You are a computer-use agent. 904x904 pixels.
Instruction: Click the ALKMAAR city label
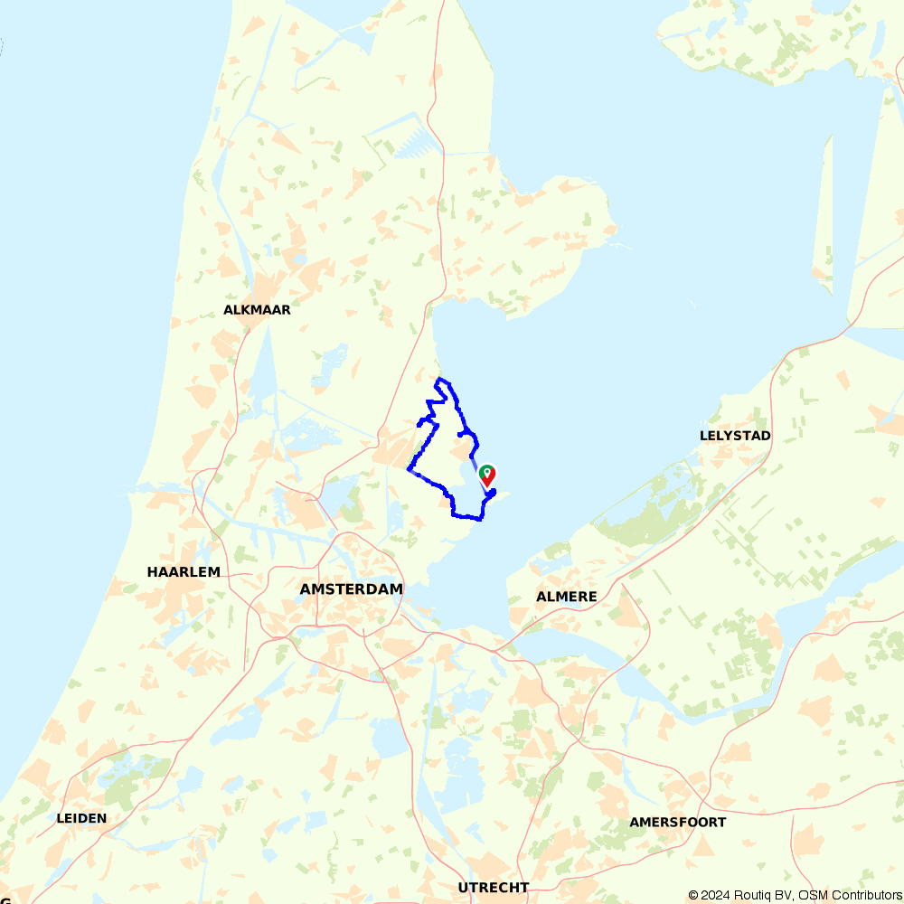257,310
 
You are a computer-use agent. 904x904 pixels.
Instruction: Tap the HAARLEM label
184,572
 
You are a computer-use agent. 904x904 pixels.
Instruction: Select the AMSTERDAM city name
351,589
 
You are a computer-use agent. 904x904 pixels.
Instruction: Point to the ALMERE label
567,597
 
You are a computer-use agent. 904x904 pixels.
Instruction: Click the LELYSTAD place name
735,436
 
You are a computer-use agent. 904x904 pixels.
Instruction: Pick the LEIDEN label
81,819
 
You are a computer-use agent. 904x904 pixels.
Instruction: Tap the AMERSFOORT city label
677,823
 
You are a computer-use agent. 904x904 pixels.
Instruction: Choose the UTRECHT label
493,888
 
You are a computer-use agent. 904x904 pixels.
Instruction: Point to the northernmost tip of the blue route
439,378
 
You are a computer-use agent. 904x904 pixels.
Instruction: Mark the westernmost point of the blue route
409,469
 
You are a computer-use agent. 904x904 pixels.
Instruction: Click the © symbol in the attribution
693,895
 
